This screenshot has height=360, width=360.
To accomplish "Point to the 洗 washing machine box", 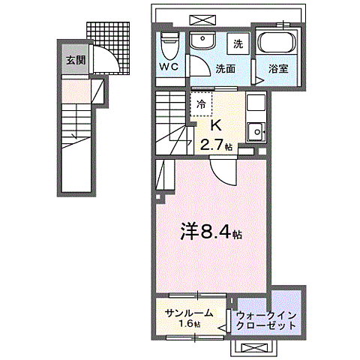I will click(236, 44).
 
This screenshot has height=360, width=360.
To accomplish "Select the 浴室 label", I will click(280, 69).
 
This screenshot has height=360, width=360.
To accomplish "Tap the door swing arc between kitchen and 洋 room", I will click(223, 174).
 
